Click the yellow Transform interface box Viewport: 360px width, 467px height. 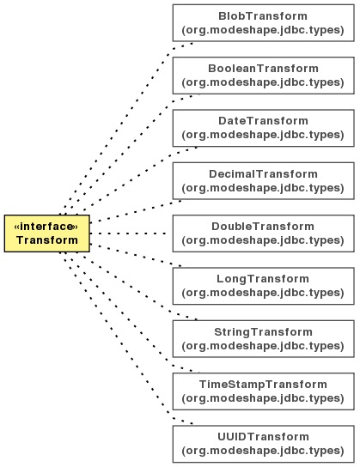click(x=46, y=233)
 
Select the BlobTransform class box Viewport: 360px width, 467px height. click(x=264, y=23)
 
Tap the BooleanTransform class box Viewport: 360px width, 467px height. click(x=264, y=76)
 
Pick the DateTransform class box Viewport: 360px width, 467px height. click(x=264, y=128)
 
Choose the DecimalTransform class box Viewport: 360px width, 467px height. click(x=264, y=181)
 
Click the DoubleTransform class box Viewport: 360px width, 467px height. click(x=264, y=233)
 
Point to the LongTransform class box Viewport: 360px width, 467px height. click(x=264, y=286)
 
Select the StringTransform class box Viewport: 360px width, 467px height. click(x=264, y=338)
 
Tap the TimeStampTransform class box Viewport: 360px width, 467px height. click(x=264, y=391)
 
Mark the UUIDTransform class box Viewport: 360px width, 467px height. click(x=264, y=444)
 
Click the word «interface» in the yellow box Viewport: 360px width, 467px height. click(x=46, y=227)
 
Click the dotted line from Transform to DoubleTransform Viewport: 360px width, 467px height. click(x=128, y=233)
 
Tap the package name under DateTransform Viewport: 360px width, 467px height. click(x=263, y=135)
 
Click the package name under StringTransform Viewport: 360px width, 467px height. click(x=263, y=346)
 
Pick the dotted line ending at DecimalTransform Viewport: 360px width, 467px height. click(x=138, y=211)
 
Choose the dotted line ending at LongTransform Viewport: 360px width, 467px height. click(x=138, y=256)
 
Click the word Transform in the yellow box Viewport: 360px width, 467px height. click(x=47, y=240)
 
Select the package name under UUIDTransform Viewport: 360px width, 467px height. click(x=263, y=451)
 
